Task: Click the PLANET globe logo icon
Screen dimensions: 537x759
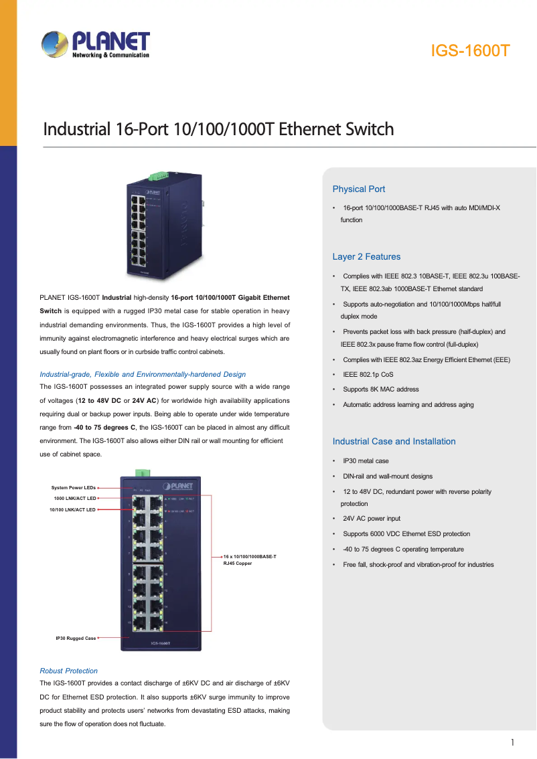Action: [55, 44]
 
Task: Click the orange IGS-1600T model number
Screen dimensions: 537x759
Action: [470, 50]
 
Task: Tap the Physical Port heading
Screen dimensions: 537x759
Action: [359, 189]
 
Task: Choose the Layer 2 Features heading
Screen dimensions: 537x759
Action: [366, 257]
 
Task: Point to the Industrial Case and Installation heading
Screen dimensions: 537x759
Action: [394, 442]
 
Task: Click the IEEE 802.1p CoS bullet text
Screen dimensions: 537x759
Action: [368, 375]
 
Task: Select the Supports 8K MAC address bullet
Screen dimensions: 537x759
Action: [381, 389]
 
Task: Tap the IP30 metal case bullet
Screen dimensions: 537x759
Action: [366, 460]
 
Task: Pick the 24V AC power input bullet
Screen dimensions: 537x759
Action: [372, 519]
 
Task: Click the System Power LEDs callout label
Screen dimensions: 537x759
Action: [74, 488]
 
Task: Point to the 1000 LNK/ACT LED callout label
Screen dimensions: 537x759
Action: [75, 498]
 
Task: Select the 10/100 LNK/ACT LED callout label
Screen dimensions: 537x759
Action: [72, 510]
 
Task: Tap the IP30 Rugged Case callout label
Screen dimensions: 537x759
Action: [76, 639]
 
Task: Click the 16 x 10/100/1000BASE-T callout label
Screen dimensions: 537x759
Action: [250, 557]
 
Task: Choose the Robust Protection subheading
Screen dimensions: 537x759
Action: [69, 671]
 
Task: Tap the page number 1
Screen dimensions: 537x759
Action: [512, 742]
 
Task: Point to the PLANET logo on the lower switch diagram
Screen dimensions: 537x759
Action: [177, 486]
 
